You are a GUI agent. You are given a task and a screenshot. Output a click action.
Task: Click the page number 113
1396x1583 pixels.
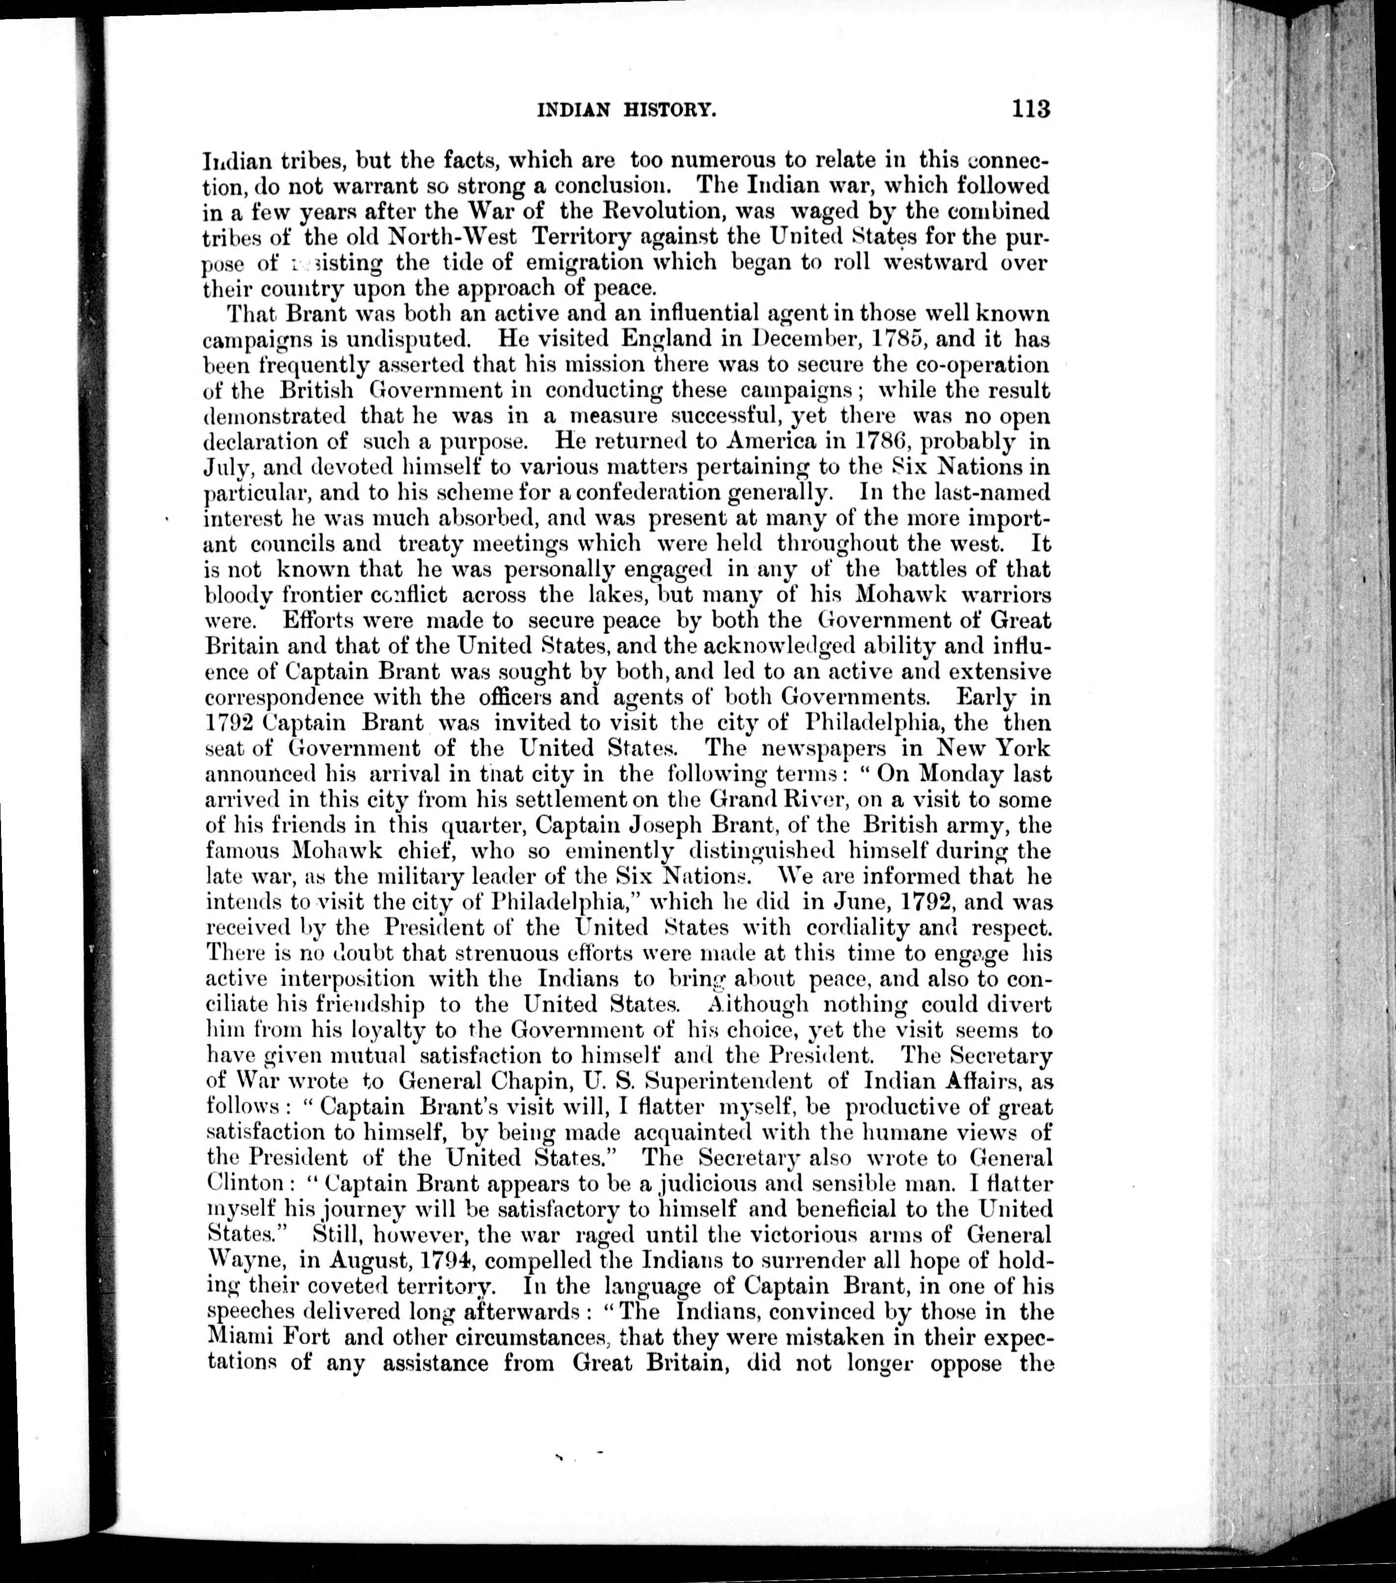pos(1030,108)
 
